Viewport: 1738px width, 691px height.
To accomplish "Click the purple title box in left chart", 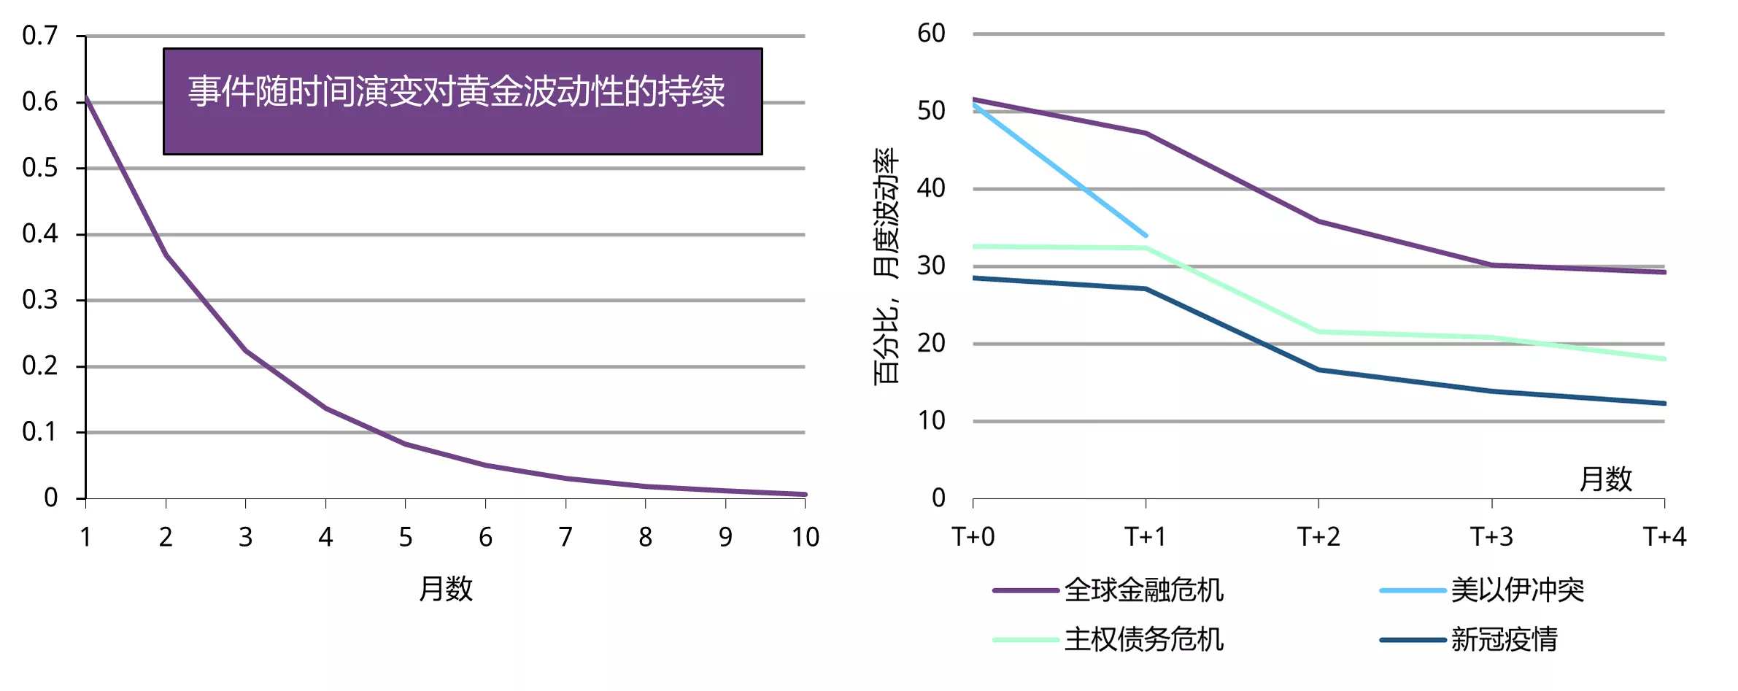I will [x=463, y=101].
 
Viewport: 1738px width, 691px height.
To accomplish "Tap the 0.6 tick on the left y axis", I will [x=40, y=102].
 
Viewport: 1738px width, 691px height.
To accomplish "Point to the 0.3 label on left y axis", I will [x=40, y=300].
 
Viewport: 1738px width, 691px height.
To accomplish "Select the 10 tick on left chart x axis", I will [x=806, y=538].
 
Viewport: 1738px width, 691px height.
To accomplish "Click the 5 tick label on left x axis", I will [x=406, y=538].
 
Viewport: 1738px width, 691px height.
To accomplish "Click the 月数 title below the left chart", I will [x=446, y=589].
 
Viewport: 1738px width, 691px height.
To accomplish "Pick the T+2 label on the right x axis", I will [x=1318, y=537].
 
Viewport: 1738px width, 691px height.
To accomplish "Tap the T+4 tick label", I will [x=1664, y=537].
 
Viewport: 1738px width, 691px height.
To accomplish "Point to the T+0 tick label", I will [x=973, y=537].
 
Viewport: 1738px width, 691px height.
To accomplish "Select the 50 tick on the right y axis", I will [x=931, y=112].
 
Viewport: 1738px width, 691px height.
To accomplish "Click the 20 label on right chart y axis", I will [x=931, y=343].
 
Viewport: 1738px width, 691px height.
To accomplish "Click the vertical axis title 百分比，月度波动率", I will [x=886, y=266].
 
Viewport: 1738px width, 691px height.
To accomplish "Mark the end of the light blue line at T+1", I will [x=1146, y=235].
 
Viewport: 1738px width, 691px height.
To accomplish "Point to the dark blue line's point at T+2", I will [x=1318, y=370].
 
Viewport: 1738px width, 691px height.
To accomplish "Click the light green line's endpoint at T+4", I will [x=1664, y=359].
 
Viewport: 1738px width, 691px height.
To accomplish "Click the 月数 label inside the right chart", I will [x=1605, y=479].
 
